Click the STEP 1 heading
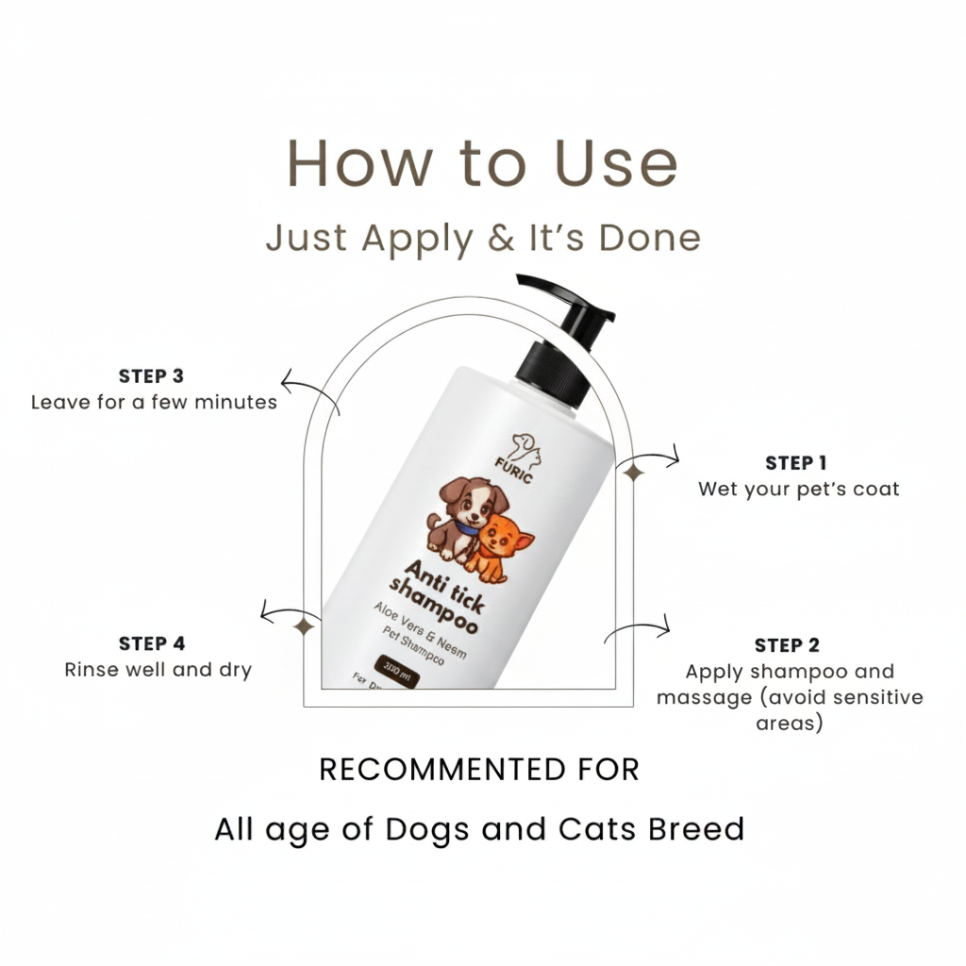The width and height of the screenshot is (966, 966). (x=795, y=462)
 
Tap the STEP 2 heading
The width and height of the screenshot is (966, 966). (x=787, y=645)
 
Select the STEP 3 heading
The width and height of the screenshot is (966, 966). (x=151, y=376)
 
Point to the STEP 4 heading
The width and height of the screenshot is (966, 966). (x=152, y=643)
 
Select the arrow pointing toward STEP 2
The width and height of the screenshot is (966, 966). (x=639, y=629)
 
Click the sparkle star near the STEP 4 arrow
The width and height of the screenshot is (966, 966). (x=304, y=626)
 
